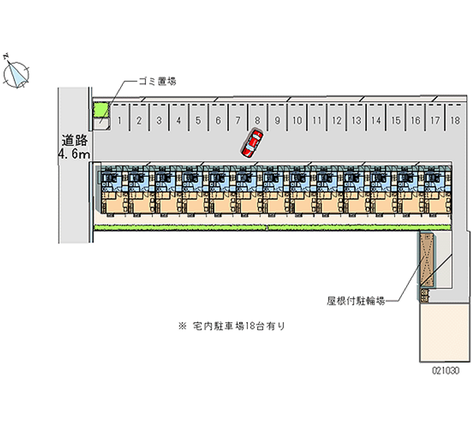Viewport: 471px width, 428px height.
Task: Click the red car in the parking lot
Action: tap(252, 143)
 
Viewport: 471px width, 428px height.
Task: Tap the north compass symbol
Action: tap(16, 73)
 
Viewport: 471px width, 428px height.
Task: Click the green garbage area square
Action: tap(102, 110)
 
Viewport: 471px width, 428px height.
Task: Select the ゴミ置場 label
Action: tap(157, 81)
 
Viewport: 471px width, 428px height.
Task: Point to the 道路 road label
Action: tap(75, 141)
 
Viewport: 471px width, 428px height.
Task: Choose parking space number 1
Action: tap(120, 121)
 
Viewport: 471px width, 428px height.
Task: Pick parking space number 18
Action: tap(455, 121)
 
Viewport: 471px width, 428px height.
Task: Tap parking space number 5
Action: tap(198, 121)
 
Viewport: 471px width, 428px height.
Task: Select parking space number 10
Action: tap(297, 121)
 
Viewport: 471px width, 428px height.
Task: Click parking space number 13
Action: tap(356, 121)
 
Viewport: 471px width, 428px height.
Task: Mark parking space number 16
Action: tap(415, 121)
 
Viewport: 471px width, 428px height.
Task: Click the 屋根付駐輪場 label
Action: tap(356, 301)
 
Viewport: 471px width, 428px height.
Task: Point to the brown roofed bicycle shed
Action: tap(426, 259)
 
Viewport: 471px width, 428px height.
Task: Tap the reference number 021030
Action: tap(446, 371)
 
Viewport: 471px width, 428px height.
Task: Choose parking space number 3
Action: tap(159, 121)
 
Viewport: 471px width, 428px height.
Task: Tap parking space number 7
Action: tap(238, 121)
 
